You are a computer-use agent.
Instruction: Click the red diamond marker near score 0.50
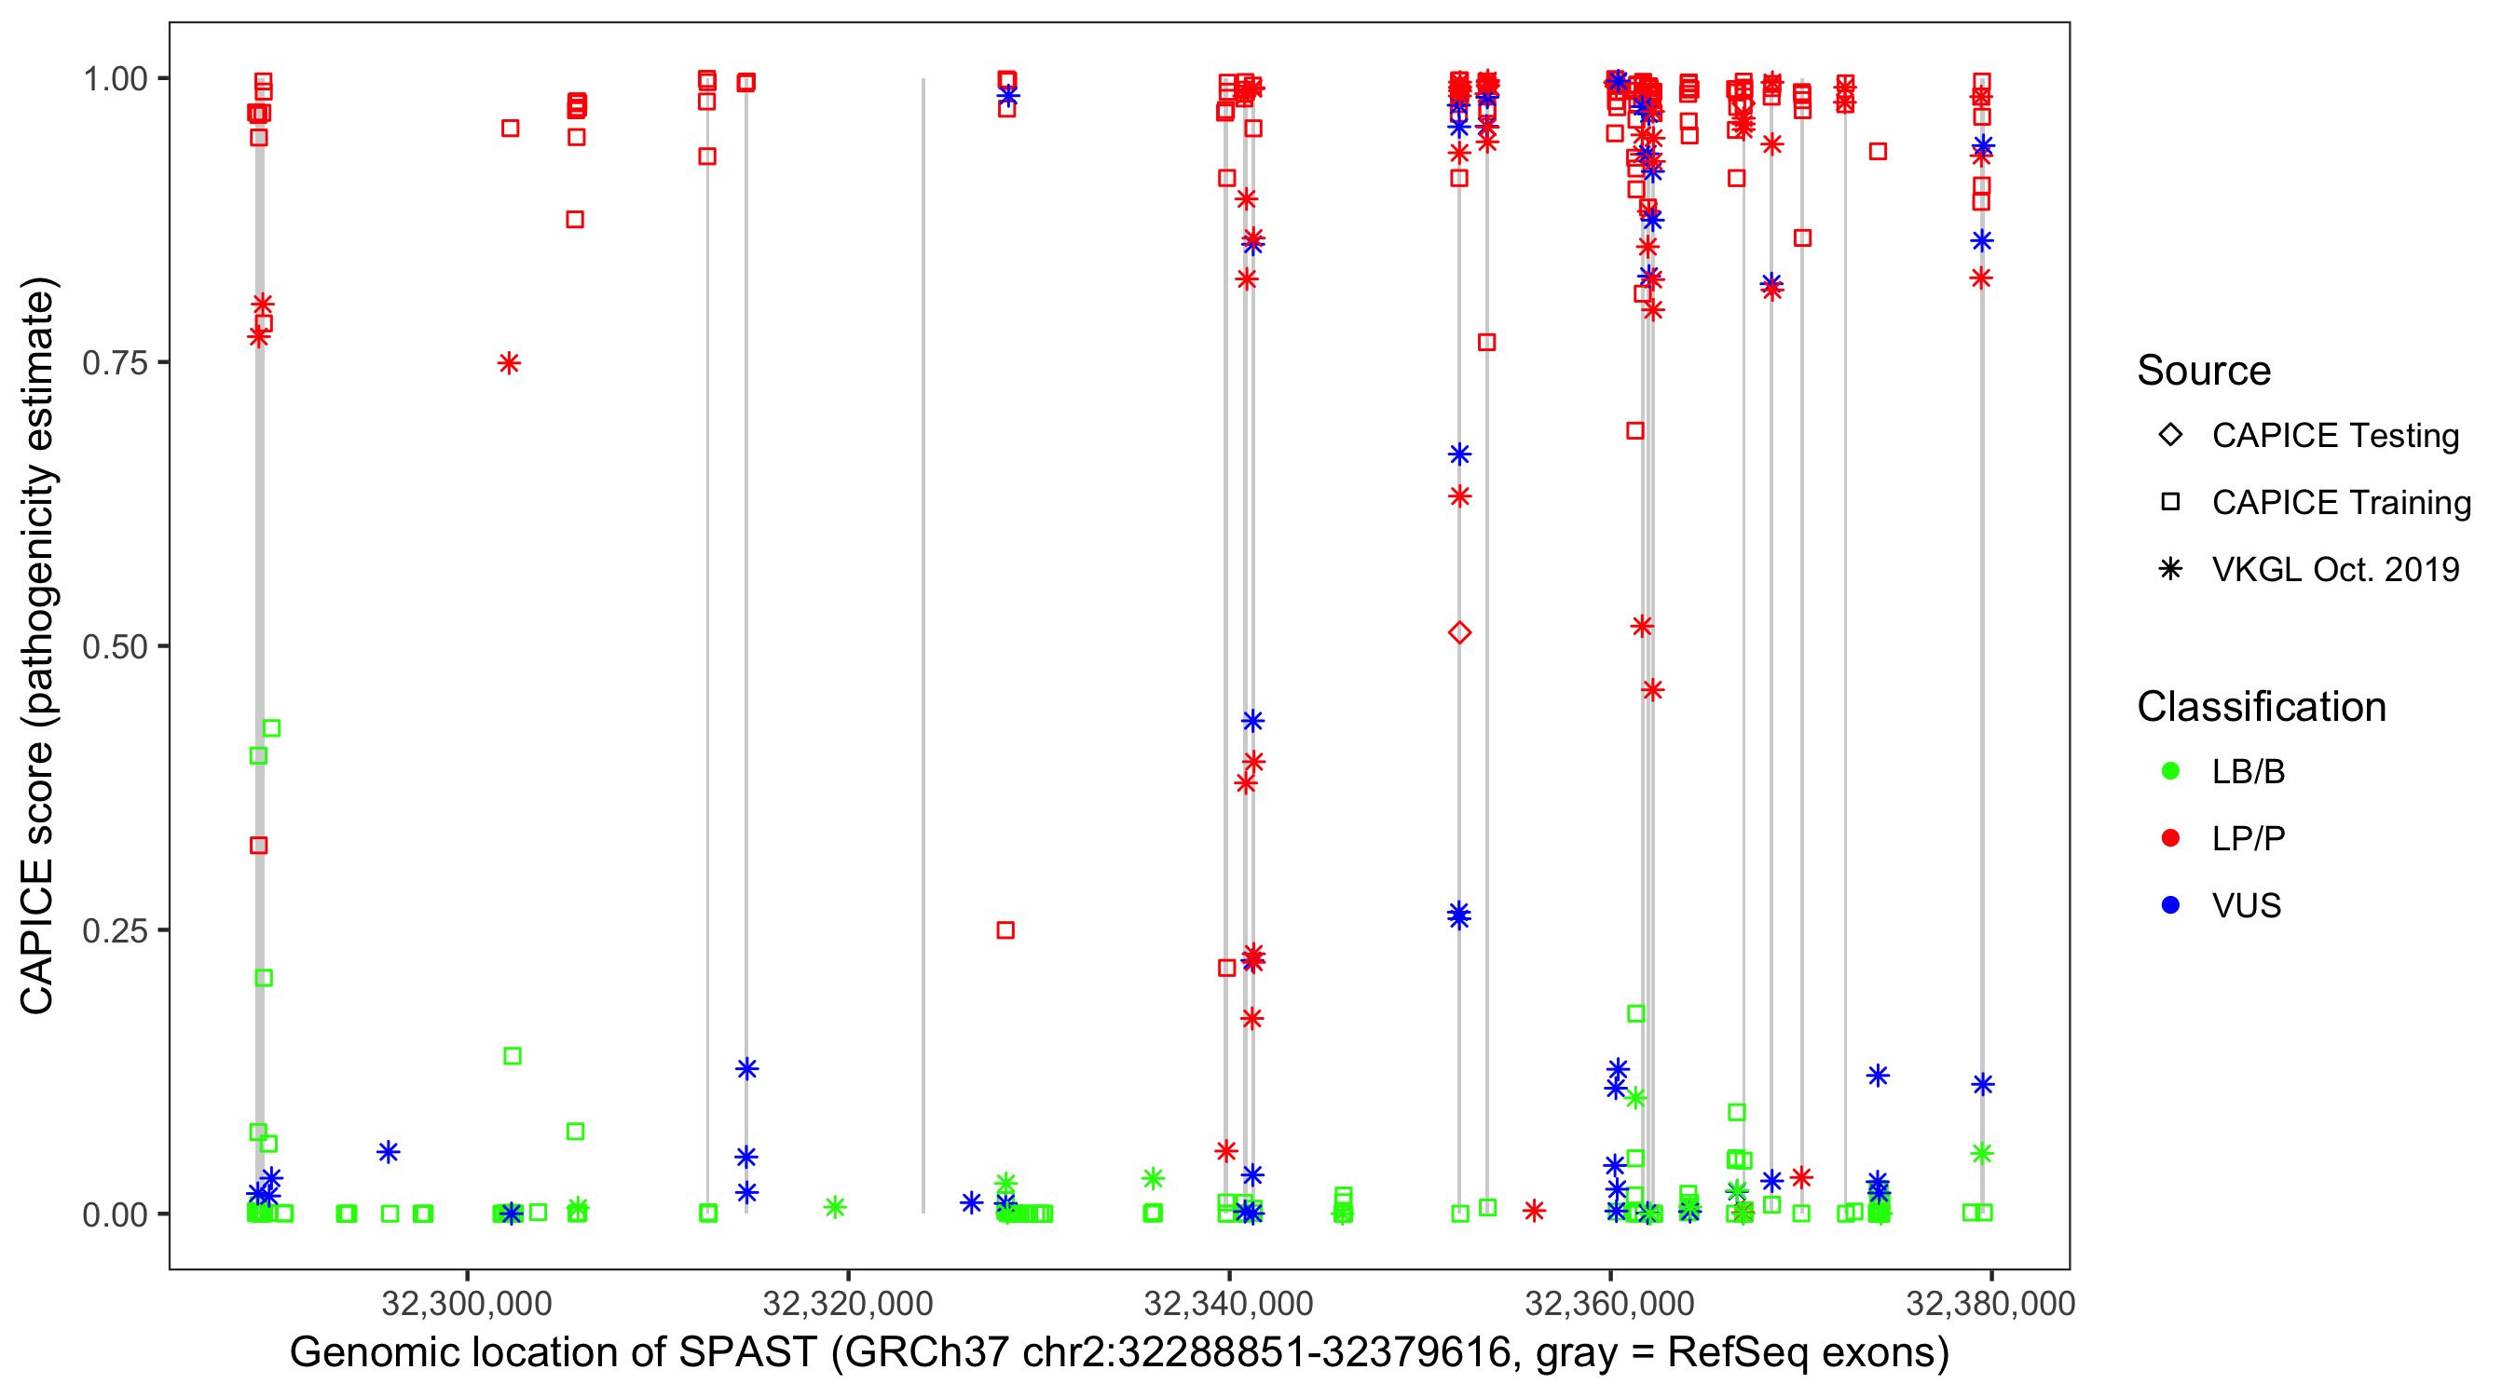tap(1459, 632)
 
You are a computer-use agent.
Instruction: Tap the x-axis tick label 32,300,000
tap(467, 1303)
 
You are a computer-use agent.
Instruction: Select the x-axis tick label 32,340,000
tap(1229, 1303)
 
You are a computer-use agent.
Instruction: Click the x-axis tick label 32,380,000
tap(1990, 1303)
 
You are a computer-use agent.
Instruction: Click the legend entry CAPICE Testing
tap(2334, 436)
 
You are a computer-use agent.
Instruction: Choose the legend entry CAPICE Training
tap(2340, 503)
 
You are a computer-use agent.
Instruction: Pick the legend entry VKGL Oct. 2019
tap(2334, 570)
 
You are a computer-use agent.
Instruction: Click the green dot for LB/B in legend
tap(2171, 771)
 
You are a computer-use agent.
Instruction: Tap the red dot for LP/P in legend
tap(2171, 838)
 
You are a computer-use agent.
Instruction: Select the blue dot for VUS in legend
tap(2171, 906)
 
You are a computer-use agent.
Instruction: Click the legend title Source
tap(2204, 371)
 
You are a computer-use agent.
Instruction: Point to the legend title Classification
tap(2261, 707)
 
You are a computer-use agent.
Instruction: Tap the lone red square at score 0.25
tap(1006, 930)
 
